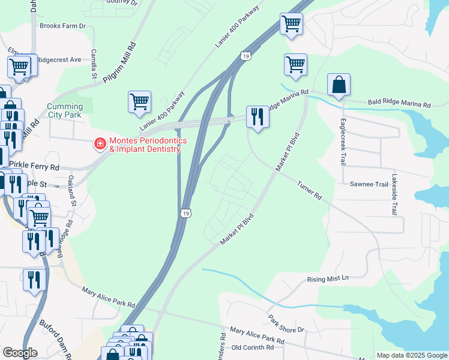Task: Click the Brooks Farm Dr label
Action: coord(62,26)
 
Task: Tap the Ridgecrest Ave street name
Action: coord(59,60)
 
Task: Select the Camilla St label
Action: coord(94,64)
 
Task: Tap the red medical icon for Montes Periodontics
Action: coord(99,144)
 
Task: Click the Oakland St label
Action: coord(73,196)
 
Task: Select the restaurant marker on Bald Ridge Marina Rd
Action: coord(258,116)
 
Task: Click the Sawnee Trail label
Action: coord(369,185)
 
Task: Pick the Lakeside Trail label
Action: coord(394,195)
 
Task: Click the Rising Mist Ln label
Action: coord(328,278)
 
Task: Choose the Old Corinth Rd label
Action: coord(253,347)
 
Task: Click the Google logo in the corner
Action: coord(20,353)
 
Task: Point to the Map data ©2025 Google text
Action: coord(412,355)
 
